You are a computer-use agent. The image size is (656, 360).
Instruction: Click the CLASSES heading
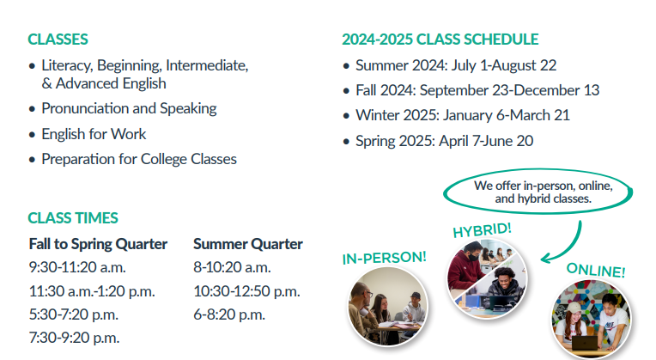(x=58, y=40)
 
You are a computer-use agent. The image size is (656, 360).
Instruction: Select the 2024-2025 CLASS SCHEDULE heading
(x=440, y=40)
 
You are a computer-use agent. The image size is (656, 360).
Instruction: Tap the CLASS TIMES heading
(x=73, y=218)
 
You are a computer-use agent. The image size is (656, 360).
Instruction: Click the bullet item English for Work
(x=94, y=134)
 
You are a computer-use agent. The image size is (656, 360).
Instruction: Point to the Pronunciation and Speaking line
(x=129, y=109)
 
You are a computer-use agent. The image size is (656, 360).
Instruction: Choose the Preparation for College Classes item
(x=139, y=160)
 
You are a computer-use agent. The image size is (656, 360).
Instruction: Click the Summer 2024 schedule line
(x=456, y=65)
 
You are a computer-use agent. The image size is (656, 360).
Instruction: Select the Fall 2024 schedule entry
(x=477, y=90)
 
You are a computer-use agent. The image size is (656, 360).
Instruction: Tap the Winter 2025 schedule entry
(x=463, y=115)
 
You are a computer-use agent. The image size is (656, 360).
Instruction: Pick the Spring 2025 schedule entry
(x=444, y=142)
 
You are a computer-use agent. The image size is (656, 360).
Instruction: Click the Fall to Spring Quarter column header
(x=99, y=244)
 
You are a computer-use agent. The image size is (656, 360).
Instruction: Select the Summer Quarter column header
(x=248, y=244)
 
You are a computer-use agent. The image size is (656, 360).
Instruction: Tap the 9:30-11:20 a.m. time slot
(x=77, y=267)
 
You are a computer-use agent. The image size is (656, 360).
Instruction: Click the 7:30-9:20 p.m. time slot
(x=74, y=338)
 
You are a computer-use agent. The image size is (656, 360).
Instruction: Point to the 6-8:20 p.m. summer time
(x=229, y=314)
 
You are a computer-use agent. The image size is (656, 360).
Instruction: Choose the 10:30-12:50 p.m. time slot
(x=246, y=291)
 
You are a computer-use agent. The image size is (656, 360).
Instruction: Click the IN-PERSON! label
(x=385, y=258)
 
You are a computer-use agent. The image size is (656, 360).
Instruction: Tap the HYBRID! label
(x=483, y=229)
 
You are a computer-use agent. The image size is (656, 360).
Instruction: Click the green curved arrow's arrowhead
(x=546, y=259)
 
